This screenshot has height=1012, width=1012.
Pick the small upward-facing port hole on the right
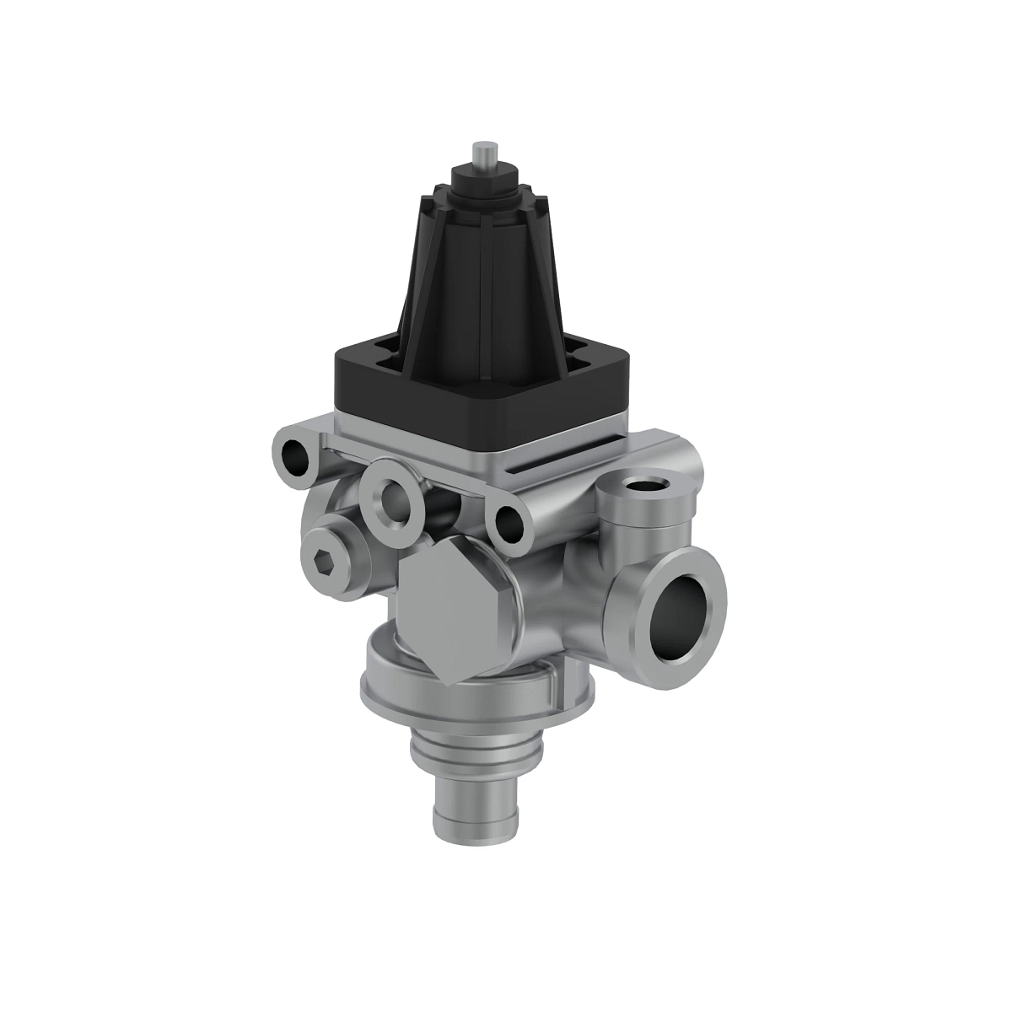pos(646,487)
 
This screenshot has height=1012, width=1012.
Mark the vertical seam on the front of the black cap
pos(482,278)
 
